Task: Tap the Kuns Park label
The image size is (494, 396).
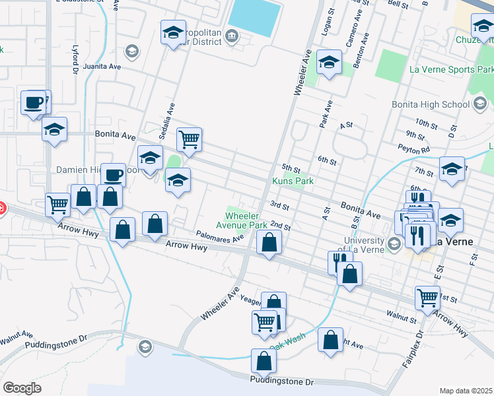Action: click(293, 181)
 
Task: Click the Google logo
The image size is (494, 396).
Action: click(22, 387)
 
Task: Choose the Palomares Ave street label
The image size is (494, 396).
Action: click(220, 236)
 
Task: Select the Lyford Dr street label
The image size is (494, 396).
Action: click(75, 61)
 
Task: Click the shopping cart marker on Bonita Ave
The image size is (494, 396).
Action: click(189, 139)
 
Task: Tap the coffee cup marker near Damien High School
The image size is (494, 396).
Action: click(113, 175)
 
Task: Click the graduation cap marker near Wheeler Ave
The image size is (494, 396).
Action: click(329, 63)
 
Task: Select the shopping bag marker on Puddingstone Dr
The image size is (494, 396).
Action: click(264, 360)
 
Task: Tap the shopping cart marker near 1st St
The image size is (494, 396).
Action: click(428, 297)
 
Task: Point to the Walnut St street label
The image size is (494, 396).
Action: click(404, 319)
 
